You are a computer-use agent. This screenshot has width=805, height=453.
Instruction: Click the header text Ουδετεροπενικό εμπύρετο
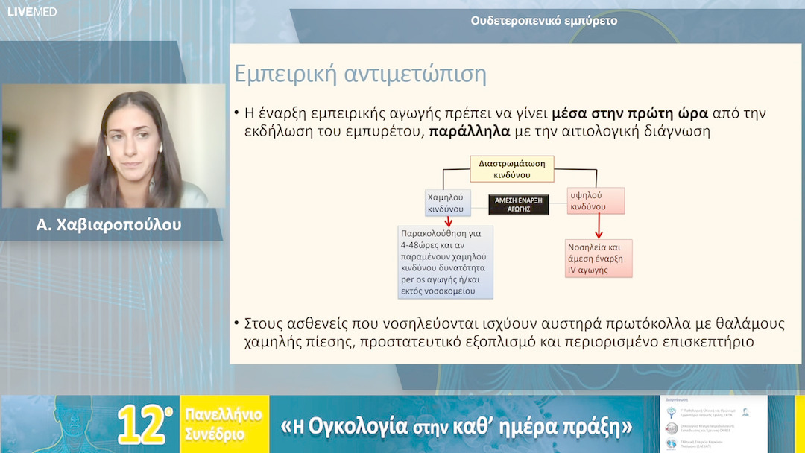tap(543, 21)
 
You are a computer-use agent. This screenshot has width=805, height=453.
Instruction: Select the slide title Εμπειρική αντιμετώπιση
tap(360, 75)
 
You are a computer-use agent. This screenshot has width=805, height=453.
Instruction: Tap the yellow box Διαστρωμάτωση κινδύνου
tap(511, 168)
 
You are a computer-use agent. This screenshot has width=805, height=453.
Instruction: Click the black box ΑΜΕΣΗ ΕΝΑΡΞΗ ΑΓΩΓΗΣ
tap(518, 204)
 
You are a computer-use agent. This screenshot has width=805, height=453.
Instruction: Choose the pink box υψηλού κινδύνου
tap(595, 200)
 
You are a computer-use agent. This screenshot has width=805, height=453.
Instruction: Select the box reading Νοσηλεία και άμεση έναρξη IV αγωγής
tap(598, 257)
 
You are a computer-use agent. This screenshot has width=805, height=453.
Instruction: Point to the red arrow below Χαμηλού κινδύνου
tap(448, 222)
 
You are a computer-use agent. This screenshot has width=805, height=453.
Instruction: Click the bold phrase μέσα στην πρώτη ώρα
tap(630, 113)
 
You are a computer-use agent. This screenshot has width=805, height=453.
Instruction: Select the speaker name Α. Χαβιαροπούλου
tap(109, 224)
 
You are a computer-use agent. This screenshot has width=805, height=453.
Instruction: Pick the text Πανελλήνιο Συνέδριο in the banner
tap(216, 425)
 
